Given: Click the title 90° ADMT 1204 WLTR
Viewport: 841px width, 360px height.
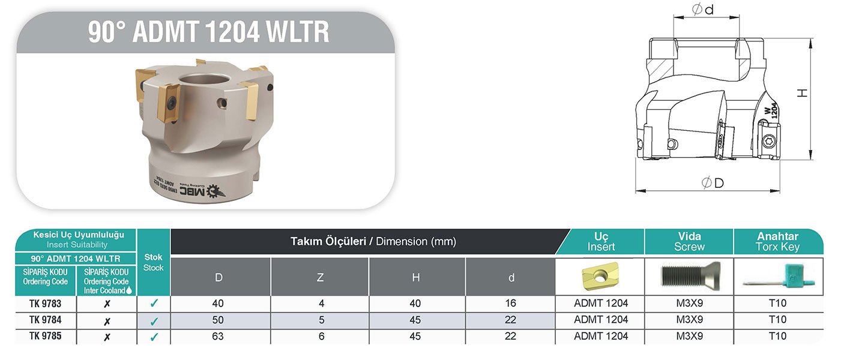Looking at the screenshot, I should coord(208,32).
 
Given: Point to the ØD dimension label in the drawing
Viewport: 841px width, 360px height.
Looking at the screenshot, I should coord(712,183).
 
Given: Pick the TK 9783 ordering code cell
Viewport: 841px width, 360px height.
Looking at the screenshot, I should coord(45,304).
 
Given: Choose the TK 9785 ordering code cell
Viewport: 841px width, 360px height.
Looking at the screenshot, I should coord(45,337).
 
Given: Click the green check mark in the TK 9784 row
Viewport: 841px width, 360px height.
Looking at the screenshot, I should coord(154,320).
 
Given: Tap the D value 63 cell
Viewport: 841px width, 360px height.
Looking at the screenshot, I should coord(218,337).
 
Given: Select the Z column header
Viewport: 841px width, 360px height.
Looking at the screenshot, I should coord(320,277).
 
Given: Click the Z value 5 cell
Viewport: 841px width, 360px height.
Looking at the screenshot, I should coord(321,320).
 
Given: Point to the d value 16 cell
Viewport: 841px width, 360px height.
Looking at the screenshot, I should coord(510,304).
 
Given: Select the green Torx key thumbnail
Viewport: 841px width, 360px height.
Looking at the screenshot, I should coord(778,277).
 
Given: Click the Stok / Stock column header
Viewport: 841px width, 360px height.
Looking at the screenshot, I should coord(154,262).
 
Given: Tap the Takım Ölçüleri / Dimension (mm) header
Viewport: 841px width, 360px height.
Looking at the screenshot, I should coord(373,242).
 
